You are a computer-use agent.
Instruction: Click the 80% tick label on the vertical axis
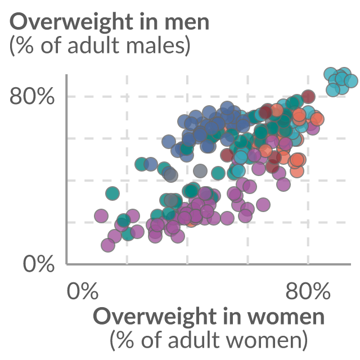32,96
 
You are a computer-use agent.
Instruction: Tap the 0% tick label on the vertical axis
39,264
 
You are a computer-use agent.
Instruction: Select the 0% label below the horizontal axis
83,291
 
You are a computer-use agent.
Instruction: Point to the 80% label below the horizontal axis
308,291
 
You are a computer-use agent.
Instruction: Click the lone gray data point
200,171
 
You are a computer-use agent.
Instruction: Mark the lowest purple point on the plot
108,245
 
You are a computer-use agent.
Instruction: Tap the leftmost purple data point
101,216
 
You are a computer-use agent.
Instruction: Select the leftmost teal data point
112,193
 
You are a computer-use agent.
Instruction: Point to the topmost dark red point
308,96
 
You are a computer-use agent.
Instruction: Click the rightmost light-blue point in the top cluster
351,81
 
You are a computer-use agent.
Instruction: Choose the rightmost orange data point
317,119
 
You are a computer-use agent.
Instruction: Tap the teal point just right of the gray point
218,173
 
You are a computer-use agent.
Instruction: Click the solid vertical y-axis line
66,169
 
